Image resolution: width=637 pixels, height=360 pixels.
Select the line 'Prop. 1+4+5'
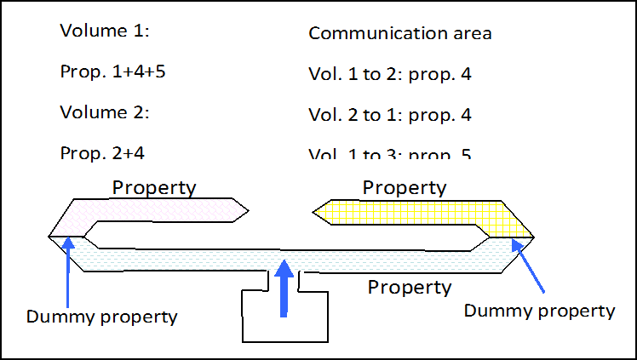click(112, 71)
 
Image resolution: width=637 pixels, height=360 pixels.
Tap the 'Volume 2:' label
click(105, 111)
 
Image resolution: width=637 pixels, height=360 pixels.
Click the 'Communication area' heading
click(400, 33)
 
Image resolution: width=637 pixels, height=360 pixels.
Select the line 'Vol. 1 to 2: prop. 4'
click(390, 74)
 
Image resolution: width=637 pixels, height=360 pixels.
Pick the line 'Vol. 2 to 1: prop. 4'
click(390, 115)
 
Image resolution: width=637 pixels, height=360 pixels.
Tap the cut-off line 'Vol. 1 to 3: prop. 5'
click(390, 154)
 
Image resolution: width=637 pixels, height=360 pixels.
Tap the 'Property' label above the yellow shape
click(405, 187)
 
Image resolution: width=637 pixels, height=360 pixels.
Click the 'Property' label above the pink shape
click(154, 187)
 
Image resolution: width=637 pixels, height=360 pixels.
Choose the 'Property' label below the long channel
click(410, 287)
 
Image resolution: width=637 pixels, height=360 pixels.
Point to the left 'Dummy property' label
click(101, 317)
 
